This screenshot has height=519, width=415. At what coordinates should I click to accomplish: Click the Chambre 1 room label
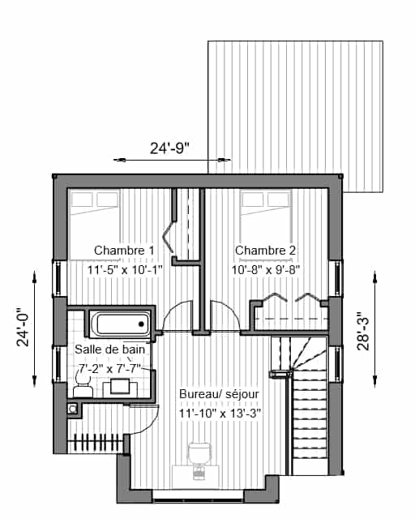(124, 251)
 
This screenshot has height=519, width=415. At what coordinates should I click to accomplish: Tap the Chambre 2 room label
(265, 251)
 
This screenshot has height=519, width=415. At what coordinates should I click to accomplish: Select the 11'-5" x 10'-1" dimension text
(125, 270)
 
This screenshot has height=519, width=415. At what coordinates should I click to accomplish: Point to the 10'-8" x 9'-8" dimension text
(265, 270)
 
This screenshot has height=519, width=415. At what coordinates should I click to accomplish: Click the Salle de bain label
(110, 350)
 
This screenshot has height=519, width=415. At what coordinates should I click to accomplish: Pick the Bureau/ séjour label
(219, 394)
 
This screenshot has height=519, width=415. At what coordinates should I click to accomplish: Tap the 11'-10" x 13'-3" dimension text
(220, 413)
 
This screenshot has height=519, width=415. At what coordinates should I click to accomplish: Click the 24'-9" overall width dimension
(169, 148)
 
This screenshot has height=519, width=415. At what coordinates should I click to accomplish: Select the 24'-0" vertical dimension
(24, 328)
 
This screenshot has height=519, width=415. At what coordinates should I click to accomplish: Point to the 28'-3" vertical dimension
(363, 331)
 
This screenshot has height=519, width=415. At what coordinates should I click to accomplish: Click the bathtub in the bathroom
(120, 324)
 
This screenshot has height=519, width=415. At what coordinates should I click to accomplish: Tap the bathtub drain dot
(141, 324)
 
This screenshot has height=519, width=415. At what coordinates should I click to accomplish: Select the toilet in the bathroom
(83, 387)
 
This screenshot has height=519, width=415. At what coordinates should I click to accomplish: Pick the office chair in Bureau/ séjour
(199, 460)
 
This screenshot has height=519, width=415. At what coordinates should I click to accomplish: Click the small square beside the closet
(72, 409)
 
